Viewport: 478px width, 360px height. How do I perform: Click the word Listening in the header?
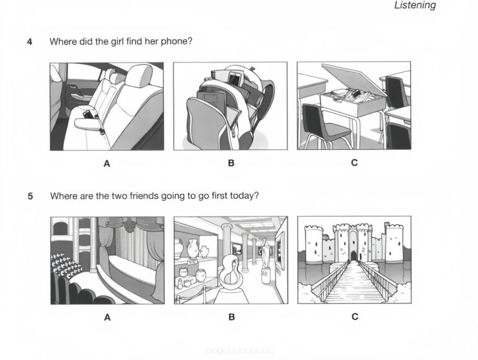[415, 5]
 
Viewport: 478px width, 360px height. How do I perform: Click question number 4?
[30, 42]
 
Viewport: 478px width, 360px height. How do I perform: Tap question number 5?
[30, 196]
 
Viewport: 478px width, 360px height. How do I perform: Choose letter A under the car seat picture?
[107, 164]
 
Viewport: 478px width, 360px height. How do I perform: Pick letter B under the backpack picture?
[231, 163]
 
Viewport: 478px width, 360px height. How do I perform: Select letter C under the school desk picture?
[354, 163]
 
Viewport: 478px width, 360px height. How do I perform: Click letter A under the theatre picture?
[107, 318]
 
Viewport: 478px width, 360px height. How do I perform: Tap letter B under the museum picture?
[231, 317]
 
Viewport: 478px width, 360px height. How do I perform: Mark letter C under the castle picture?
[355, 317]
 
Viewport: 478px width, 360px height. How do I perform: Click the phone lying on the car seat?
[88, 115]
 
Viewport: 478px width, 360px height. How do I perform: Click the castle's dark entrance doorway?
[353, 256]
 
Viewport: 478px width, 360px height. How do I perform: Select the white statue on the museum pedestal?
[265, 253]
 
